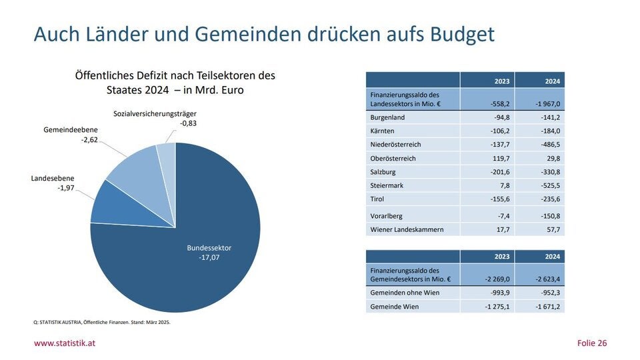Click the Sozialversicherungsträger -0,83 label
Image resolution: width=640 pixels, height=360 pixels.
pos(155,119)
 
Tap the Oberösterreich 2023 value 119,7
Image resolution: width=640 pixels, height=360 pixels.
pos(495,159)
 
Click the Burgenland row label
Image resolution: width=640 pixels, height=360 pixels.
pos(387,117)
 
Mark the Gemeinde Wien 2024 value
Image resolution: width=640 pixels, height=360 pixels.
pos(544,307)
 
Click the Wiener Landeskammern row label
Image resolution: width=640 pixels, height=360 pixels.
pos(406,229)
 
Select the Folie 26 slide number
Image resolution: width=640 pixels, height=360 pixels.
pos(591,343)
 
